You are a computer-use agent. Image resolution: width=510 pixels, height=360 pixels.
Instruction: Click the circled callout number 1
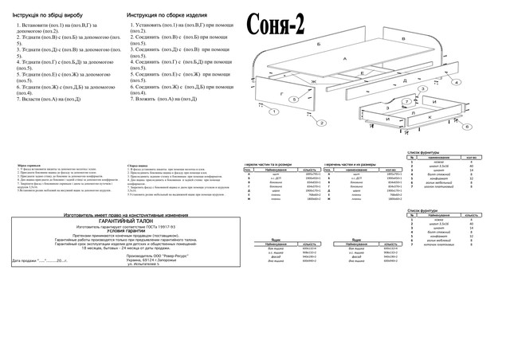[x=273, y=112]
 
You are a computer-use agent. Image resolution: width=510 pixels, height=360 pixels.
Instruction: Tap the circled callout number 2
[x=321, y=123]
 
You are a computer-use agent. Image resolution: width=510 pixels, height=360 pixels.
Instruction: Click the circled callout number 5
[x=294, y=99]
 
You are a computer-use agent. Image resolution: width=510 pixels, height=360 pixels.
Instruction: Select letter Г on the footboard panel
[x=281, y=94]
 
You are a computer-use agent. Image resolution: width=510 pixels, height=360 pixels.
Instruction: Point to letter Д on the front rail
[x=406, y=80]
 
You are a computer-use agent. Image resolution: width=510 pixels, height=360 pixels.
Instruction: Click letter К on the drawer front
[x=430, y=117]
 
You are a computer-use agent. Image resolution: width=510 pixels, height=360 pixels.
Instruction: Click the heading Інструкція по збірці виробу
[x=50, y=15]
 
